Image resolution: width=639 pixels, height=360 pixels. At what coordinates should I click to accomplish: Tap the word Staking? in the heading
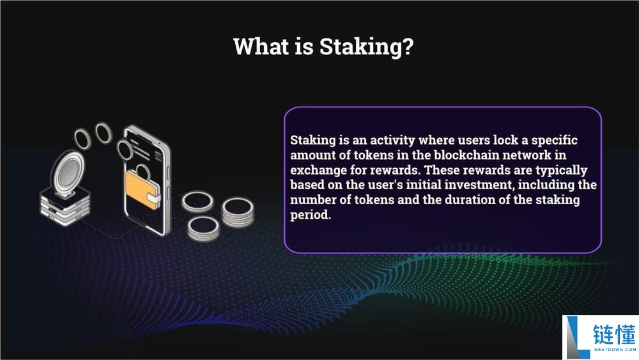366,47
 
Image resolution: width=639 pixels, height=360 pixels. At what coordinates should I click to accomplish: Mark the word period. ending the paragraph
311,215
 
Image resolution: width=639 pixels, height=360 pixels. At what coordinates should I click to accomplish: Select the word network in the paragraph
527,155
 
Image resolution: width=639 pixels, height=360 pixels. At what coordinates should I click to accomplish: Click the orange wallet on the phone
142,190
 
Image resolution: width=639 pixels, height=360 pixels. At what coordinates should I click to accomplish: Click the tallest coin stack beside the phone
238,212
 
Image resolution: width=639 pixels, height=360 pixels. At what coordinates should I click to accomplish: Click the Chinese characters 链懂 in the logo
614,334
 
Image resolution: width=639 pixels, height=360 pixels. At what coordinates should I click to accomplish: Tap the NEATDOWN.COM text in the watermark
615,350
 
